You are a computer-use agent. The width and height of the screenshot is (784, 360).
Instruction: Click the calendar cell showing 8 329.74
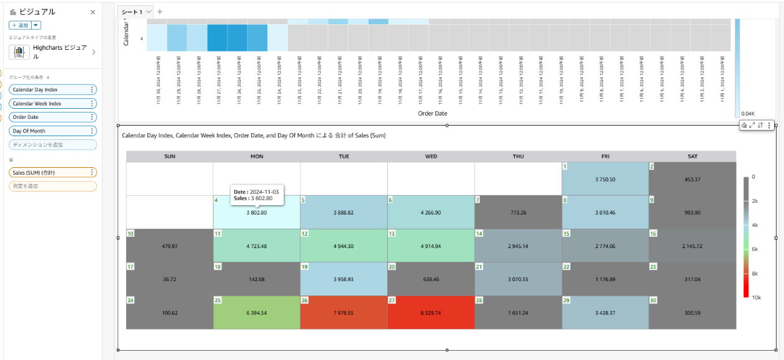tap(431, 312)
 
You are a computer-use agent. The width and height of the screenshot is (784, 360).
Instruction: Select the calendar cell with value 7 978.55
tap(344, 312)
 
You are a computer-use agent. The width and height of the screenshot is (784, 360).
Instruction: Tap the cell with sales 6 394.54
tap(257, 312)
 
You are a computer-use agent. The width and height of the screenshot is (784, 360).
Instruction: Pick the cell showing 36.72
tap(169, 279)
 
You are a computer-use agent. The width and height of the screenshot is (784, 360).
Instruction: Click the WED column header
tap(431, 157)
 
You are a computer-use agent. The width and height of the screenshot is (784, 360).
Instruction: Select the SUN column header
tap(169, 157)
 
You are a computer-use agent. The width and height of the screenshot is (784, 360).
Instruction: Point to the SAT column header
tap(692, 157)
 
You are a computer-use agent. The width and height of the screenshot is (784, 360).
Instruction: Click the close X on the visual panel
tap(93, 12)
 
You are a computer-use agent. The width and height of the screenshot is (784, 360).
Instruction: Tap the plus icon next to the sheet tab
tap(160, 11)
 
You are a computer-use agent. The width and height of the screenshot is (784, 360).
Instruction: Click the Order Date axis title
tap(432, 113)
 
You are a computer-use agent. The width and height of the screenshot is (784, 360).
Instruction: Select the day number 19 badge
tap(305, 267)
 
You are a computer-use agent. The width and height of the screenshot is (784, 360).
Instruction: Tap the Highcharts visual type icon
tap(19, 52)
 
